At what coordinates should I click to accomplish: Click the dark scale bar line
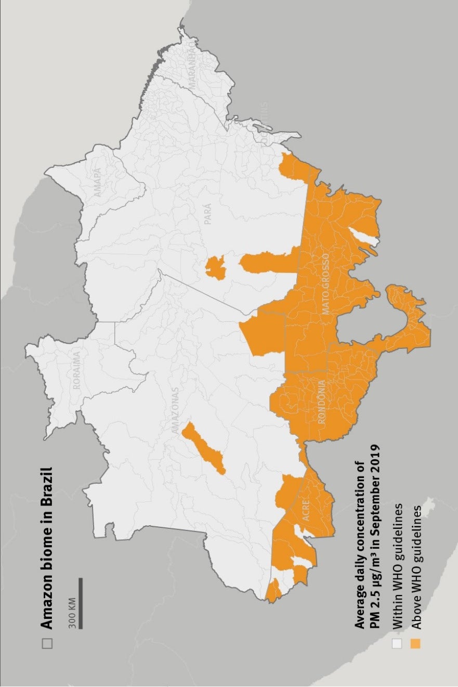(x=81, y=603)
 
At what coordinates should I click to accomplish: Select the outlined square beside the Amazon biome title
(x=47, y=643)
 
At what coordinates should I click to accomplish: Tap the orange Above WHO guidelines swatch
(x=415, y=643)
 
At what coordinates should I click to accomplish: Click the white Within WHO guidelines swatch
(x=398, y=643)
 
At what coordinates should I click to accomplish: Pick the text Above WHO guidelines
(x=415, y=570)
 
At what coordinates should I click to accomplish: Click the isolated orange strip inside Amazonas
(x=203, y=448)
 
